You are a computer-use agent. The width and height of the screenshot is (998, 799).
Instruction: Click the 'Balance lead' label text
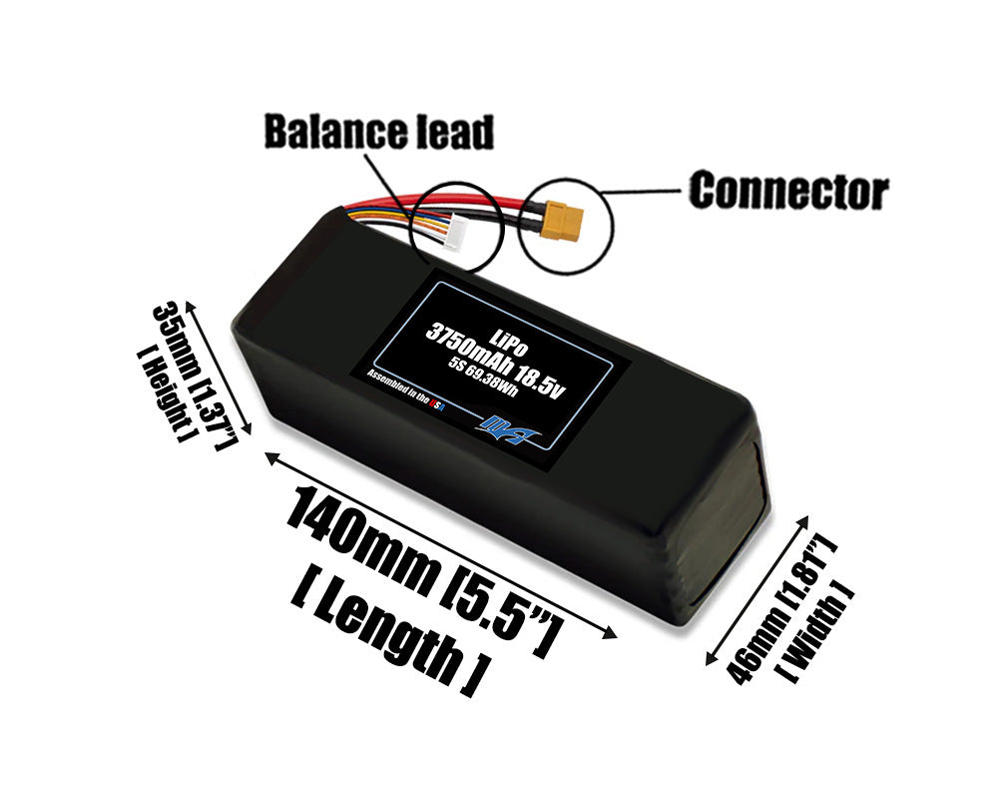(378, 132)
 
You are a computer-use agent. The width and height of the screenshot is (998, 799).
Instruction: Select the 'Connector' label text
(788, 190)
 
